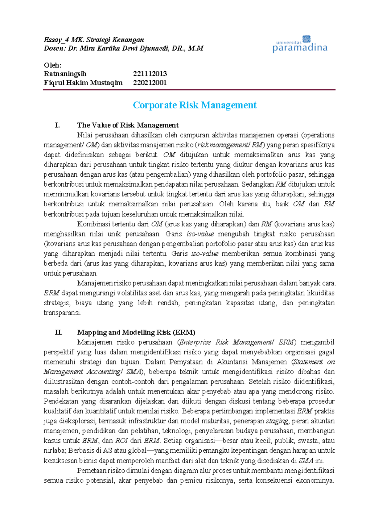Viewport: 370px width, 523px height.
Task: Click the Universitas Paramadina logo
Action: click(x=299, y=44)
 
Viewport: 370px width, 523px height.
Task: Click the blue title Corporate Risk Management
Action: click(x=195, y=105)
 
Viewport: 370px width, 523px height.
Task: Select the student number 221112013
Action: click(x=150, y=74)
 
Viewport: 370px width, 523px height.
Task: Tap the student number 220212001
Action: click(x=150, y=83)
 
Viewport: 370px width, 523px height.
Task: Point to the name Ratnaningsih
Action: click(x=65, y=74)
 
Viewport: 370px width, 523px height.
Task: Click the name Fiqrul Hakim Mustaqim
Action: click(x=83, y=83)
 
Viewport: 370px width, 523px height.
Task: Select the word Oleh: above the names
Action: click(x=52, y=65)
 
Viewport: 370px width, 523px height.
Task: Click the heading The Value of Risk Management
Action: click(x=128, y=125)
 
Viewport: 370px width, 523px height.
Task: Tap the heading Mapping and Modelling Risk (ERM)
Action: click(x=136, y=332)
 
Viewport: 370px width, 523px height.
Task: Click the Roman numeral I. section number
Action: click(x=57, y=125)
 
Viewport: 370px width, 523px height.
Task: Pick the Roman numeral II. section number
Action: click(x=58, y=332)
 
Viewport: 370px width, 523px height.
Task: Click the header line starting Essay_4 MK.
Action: click(x=94, y=40)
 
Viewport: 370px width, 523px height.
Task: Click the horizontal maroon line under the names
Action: click(x=189, y=90)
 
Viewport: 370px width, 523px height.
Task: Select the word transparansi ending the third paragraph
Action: click(x=62, y=313)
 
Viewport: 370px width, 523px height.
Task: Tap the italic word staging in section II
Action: click(x=277, y=421)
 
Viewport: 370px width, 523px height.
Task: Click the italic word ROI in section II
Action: click(x=121, y=441)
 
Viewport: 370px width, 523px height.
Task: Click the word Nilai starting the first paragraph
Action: click(x=84, y=135)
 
